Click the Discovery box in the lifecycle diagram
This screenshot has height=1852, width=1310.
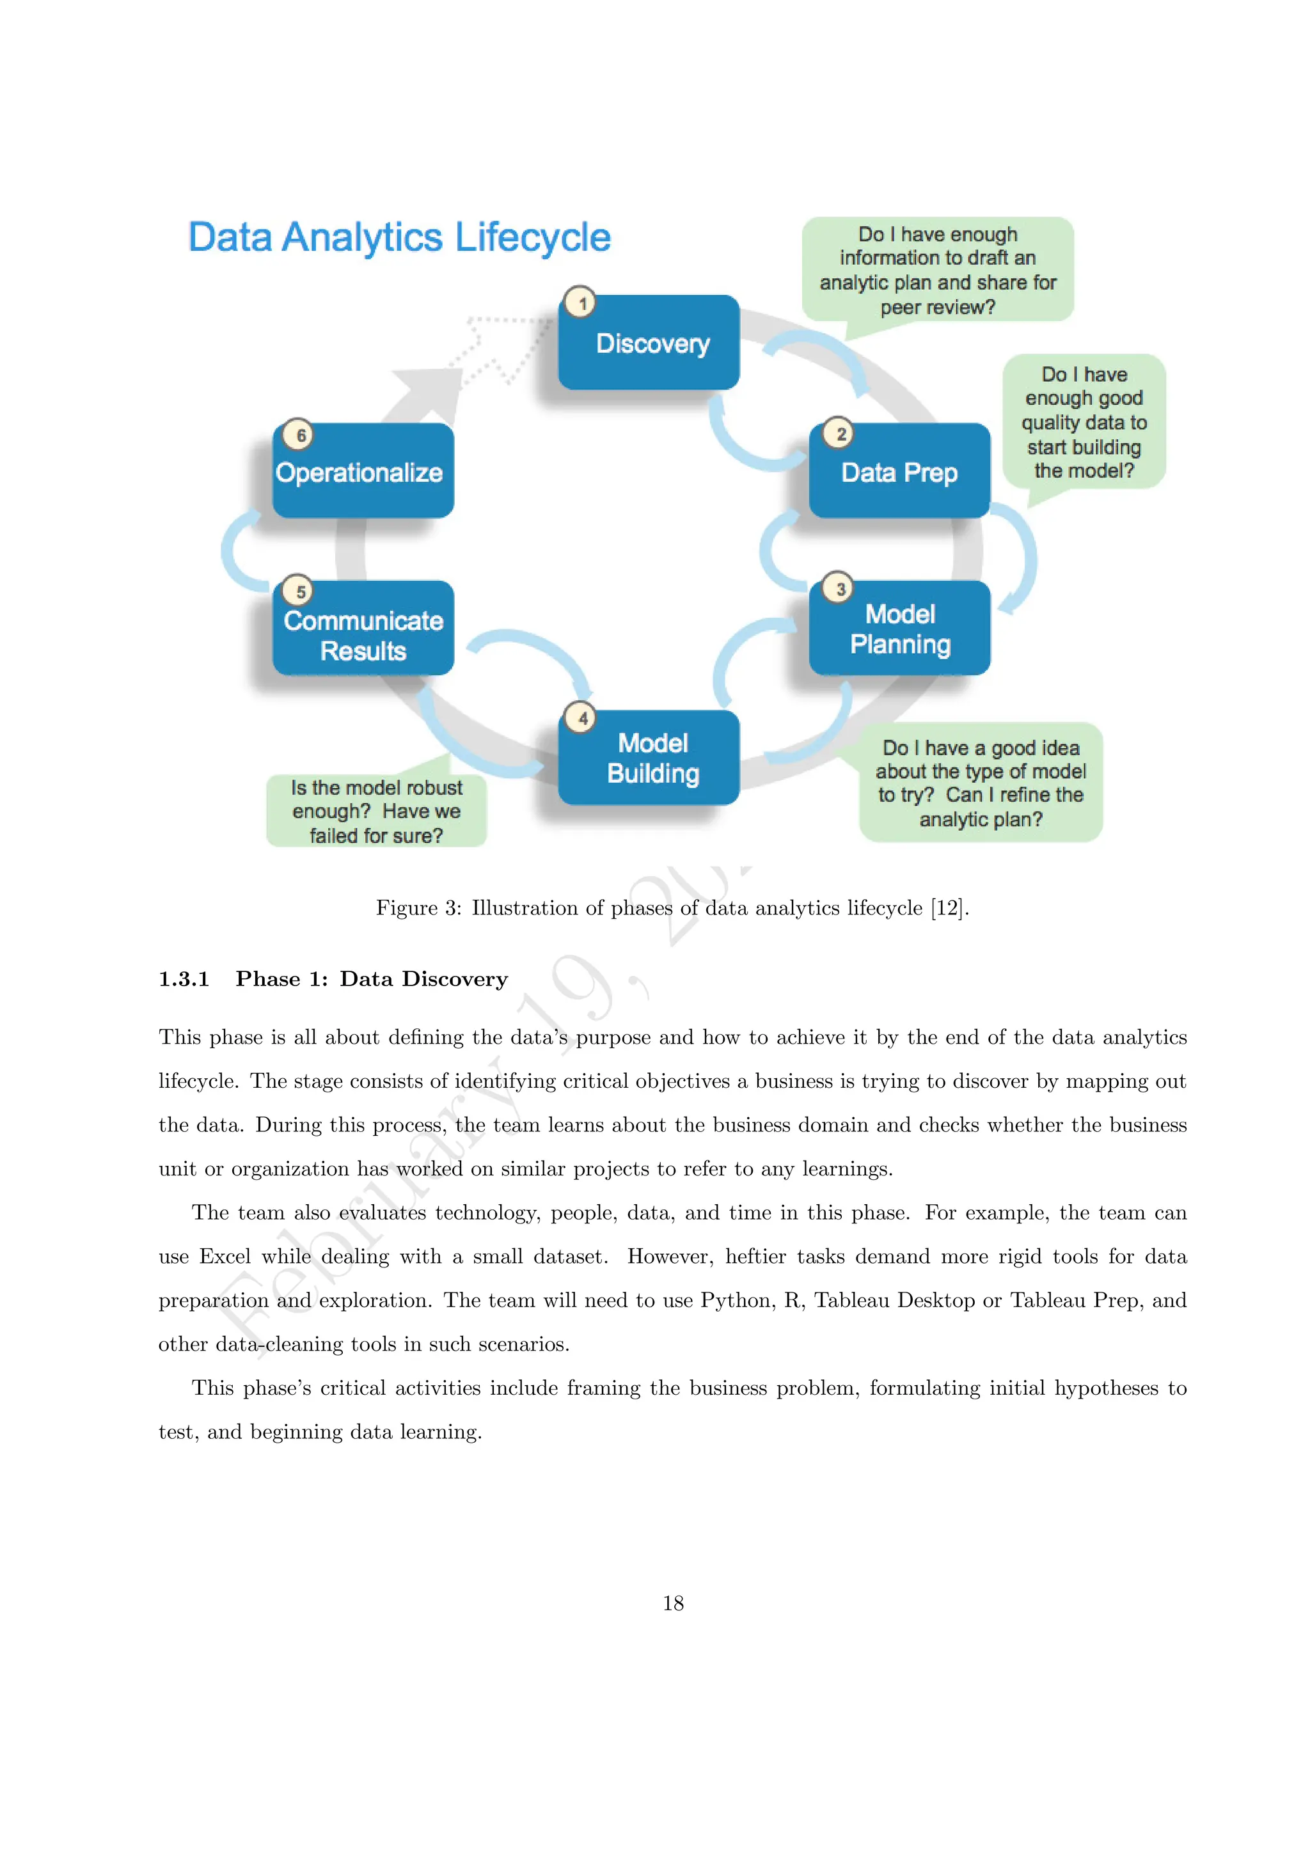649,343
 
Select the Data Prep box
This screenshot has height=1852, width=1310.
899,472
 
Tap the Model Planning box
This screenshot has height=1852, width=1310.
899,629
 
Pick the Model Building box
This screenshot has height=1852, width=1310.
649,758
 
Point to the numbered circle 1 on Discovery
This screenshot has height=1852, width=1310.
581,303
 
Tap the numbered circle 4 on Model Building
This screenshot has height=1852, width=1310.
581,718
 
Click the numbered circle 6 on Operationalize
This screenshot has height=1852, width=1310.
299,436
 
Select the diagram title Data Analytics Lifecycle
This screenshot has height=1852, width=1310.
399,237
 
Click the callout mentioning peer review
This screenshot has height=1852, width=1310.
937,271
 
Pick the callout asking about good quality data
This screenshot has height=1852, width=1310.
1084,422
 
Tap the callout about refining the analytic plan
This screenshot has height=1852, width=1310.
980,782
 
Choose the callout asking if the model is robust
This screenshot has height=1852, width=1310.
376,811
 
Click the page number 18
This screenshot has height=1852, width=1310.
673,1603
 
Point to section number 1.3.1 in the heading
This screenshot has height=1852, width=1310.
184,979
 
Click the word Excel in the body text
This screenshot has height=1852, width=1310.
225,1257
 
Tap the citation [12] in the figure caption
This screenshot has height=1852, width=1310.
947,908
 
